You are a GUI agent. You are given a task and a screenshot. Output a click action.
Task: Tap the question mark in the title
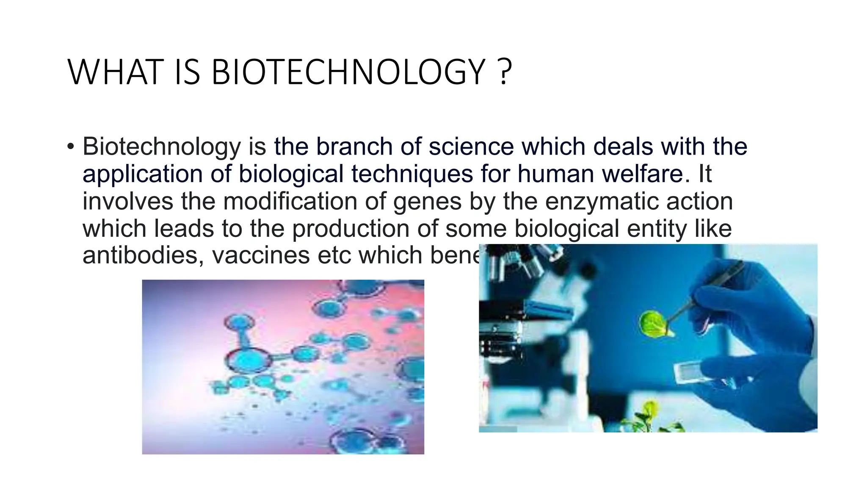tap(504, 72)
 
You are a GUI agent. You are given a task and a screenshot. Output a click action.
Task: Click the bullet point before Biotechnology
tap(70, 147)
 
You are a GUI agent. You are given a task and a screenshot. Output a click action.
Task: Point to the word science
tap(471, 147)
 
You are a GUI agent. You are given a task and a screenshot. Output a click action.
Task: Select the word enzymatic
tap(602, 201)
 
